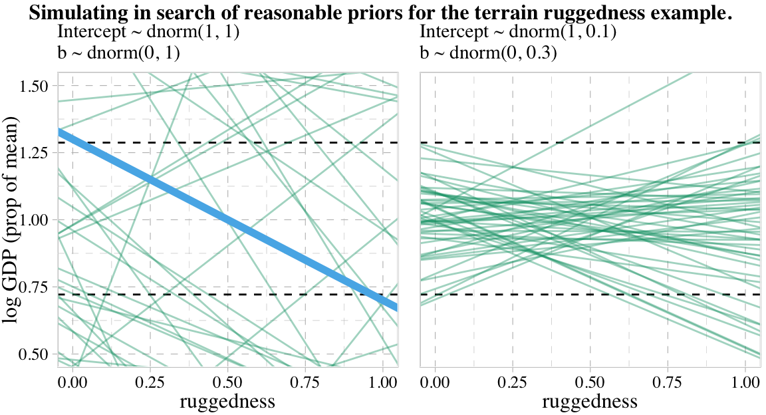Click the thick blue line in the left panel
[x=227, y=220]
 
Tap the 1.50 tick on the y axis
[x=35, y=86]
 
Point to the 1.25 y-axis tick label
[x=35, y=153]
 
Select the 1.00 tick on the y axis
[x=35, y=220]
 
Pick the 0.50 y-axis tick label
[x=35, y=354]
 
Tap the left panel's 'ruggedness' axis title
[x=227, y=402]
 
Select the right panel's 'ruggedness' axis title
[x=590, y=402]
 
